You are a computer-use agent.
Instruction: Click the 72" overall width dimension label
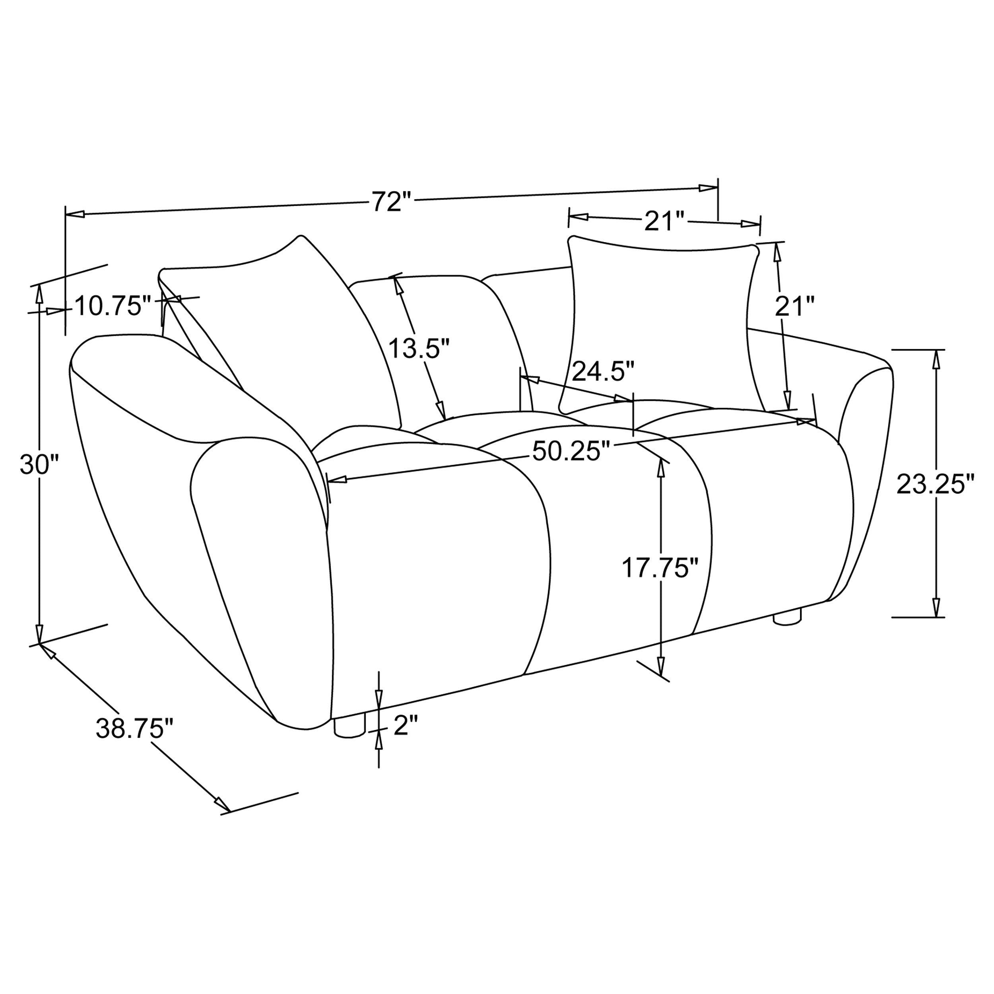pos(392,202)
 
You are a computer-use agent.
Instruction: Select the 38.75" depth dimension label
pos(135,729)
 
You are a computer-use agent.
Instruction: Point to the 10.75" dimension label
pos(112,306)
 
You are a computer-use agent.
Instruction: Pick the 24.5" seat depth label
pos(603,371)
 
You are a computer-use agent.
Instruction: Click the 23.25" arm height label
pos(935,484)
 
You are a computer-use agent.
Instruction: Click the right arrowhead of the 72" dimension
pos(709,188)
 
